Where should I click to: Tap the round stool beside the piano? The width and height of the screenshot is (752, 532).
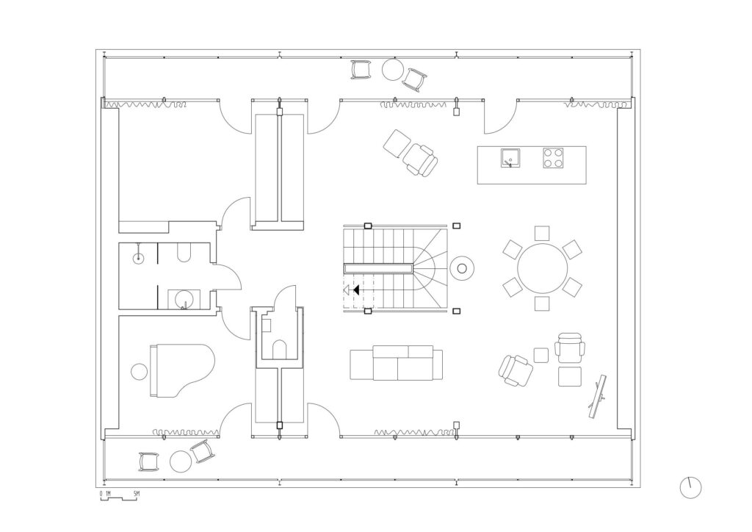[140, 371]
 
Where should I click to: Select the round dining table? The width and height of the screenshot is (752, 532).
[542, 269]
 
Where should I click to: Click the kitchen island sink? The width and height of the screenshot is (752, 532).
[510, 158]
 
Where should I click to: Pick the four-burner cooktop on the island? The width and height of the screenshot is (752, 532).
[553, 158]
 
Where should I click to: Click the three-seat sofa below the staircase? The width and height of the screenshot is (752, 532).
[396, 363]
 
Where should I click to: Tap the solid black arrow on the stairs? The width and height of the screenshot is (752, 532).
[356, 290]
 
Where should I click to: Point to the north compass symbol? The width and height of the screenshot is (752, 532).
[690, 488]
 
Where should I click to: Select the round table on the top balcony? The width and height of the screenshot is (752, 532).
[392, 70]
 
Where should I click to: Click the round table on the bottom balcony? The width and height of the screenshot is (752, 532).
[181, 461]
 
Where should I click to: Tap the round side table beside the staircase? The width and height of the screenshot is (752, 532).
[462, 269]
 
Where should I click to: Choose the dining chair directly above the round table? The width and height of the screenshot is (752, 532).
[542, 233]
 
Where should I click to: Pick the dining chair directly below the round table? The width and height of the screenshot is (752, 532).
[542, 303]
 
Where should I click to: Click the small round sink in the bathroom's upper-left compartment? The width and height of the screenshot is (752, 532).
[139, 258]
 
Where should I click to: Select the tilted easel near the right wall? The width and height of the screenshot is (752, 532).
[597, 396]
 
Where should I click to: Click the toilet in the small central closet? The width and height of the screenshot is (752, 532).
[280, 350]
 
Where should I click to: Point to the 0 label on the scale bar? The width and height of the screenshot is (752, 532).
[101, 493]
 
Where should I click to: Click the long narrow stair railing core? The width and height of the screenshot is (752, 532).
[378, 269]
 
